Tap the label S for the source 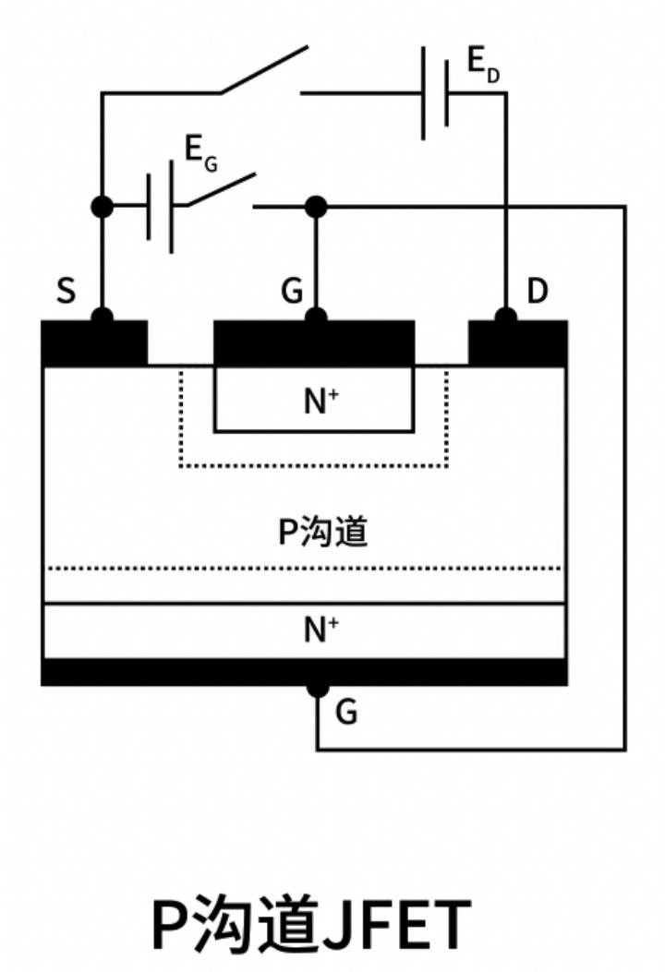coord(66,293)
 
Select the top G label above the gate coord(292,293)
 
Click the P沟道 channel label coord(322,533)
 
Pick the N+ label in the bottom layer coord(320,630)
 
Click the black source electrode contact coord(94,342)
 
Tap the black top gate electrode coord(314,342)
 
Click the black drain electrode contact coord(518,342)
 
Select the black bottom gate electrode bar coord(304,672)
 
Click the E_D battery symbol coord(435,93)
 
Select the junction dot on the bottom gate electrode coord(318,688)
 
